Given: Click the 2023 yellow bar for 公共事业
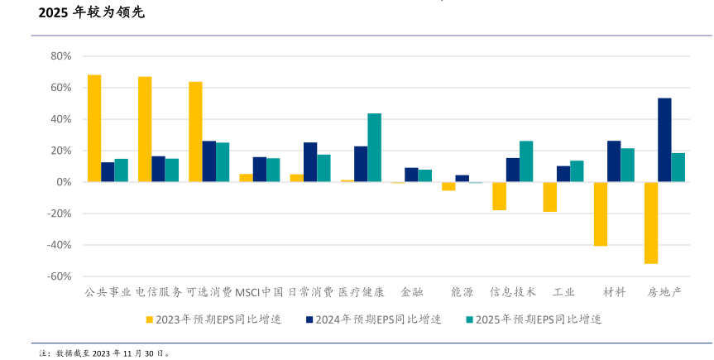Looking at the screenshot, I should pos(94,128).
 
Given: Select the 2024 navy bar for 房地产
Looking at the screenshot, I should pos(664,140).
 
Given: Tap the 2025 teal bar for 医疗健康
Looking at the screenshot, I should pos(374,147).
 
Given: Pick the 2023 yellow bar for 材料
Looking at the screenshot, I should pos(601,214).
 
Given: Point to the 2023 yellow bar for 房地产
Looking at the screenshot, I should pos(651,223).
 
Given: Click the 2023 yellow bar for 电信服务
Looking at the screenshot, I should pos(145,129).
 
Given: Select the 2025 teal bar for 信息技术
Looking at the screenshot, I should pos(526,161).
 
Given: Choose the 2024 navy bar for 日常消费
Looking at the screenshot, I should pos(310,162).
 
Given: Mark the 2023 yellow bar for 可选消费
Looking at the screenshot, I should pos(195,132).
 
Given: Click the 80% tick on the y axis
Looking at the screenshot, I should pos(61,56).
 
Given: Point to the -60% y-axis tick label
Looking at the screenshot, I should pos(60,276).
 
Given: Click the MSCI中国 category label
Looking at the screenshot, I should pos(260,292).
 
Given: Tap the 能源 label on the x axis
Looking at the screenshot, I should pos(462,292).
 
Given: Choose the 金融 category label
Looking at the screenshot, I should pos(411,292).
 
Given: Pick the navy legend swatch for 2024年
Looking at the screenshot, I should pos(309,319).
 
